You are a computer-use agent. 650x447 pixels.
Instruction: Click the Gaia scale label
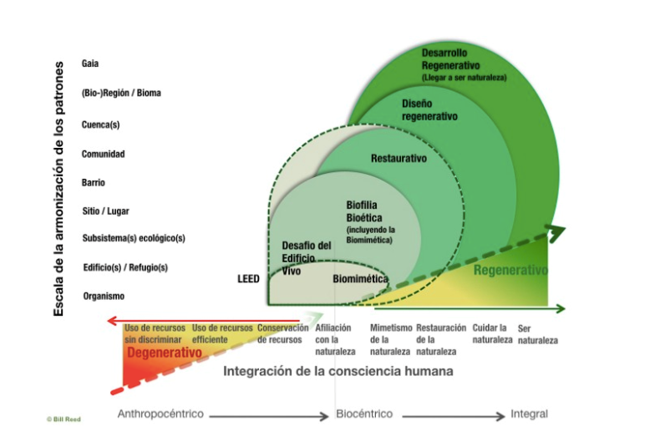click(x=90, y=63)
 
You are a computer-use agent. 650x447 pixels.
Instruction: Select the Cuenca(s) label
click(x=100, y=124)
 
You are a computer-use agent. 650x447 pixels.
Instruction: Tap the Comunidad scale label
click(x=103, y=155)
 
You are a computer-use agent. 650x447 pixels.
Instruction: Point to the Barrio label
click(x=94, y=182)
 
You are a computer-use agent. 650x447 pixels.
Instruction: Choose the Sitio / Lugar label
click(x=105, y=211)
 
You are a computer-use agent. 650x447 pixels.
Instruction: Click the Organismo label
click(x=104, y=296)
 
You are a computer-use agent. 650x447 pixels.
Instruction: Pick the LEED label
click(x=248, y=278)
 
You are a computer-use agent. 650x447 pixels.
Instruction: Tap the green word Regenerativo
click(x=510, y=271)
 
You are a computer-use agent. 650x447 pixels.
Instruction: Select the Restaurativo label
click(x=399, y=158)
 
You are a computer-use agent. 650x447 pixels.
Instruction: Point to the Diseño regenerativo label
click(x=429, y=110)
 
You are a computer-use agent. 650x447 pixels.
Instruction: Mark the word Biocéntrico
click(x=363, y=414)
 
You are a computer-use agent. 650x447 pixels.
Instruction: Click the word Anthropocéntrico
click(x=160, y=414)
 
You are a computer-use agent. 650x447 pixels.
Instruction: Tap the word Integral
click(x=529, y=414)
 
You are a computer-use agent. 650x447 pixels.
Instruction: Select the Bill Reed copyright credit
click(x=63, y=419)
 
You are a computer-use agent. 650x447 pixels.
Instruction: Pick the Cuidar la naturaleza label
click(x=490, y=333)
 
